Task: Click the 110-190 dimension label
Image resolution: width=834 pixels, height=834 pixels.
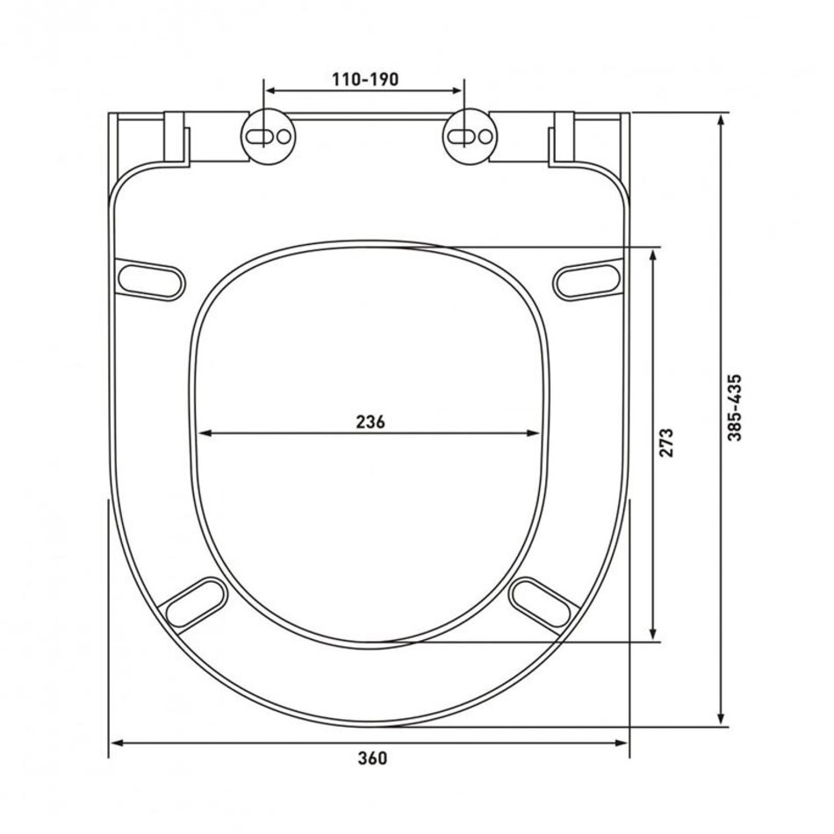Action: click(x=365, y=79)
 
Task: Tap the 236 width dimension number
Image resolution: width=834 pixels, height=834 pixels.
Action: click(x=370, y=421)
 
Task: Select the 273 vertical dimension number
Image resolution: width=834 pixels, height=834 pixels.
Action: click(x=666, y=442)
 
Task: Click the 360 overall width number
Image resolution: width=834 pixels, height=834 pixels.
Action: click(x=372, y=758)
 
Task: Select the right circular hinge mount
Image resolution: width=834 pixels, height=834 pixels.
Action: click(x=470, y=136)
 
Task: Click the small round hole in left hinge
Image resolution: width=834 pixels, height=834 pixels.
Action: click(x=284, y=137)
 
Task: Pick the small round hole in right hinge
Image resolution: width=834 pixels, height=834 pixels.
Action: click(x=485, y=137)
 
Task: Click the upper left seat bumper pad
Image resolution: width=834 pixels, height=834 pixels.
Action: click(x=151, y=279)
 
